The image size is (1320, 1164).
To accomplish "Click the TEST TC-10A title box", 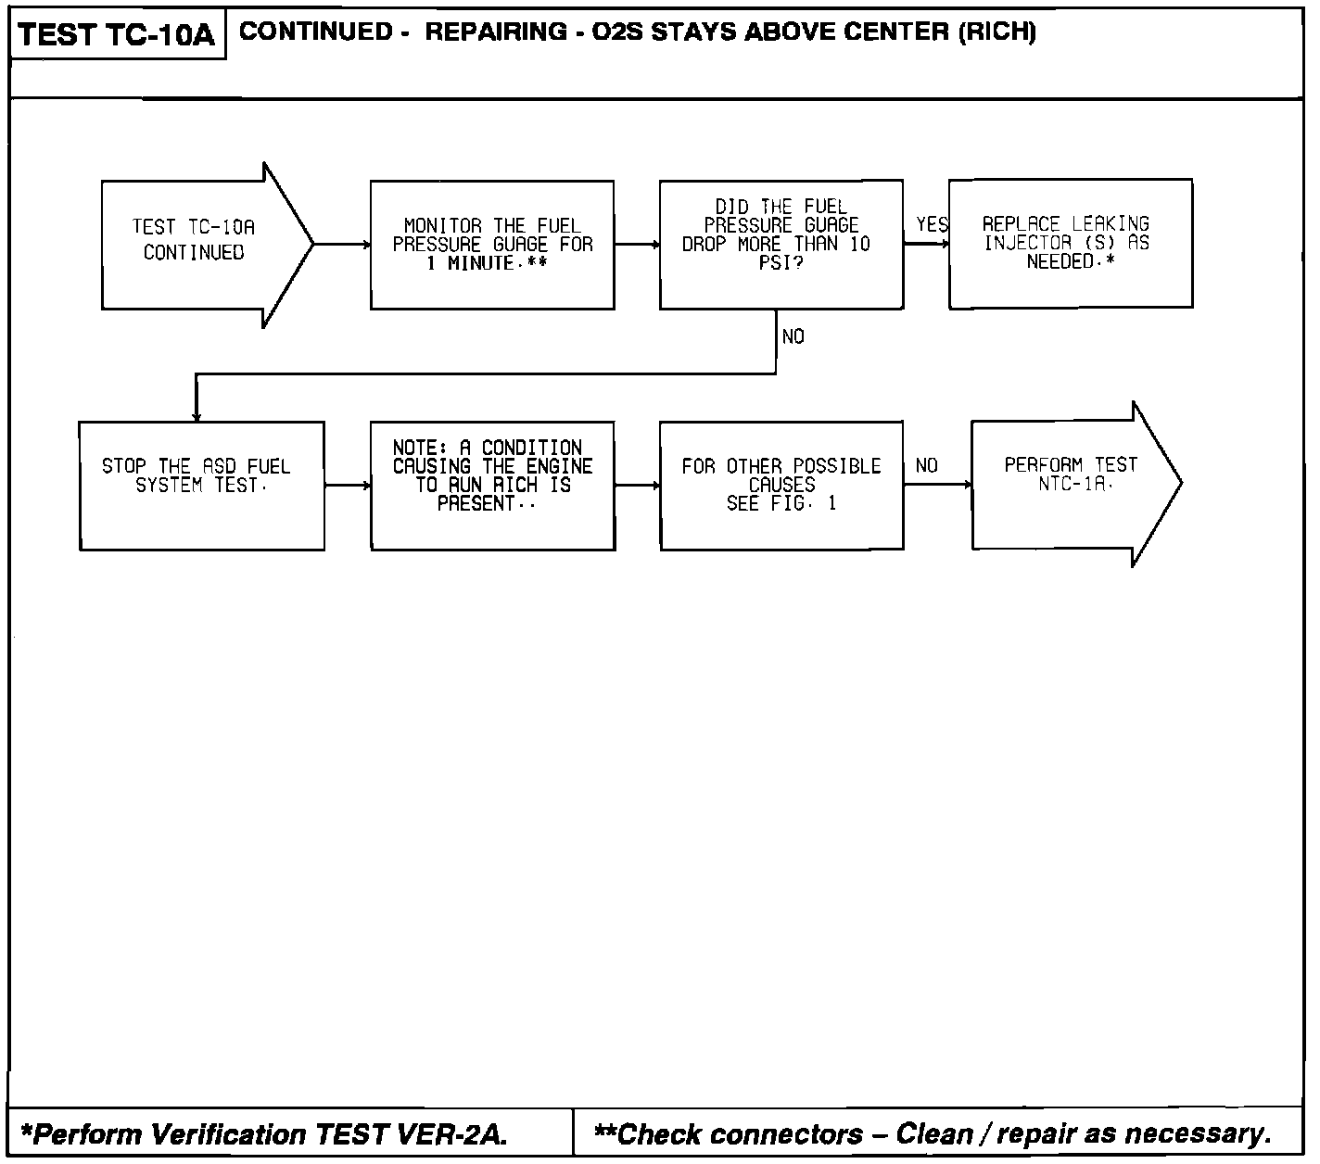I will (117, 35).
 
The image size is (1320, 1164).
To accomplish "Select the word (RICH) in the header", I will (996, 32).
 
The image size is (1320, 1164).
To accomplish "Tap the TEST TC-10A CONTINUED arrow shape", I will (195, 245).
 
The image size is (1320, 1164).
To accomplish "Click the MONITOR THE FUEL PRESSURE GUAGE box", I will (491, 245).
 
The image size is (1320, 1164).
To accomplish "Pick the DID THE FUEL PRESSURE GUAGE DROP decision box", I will (781, 244).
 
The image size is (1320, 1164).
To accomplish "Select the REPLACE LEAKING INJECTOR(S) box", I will (1070, 244).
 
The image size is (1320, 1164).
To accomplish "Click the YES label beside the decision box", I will (932, 225).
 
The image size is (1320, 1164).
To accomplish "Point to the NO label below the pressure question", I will (793, 337).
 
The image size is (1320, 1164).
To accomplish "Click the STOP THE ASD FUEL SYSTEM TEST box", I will (201, 486).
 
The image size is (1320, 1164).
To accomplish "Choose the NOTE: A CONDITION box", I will (492, 486).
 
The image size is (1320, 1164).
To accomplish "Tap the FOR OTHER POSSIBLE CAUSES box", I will (781, 486).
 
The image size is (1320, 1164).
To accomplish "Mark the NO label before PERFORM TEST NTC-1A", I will (926, 466).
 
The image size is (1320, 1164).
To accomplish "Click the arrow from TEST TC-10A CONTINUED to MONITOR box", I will (342, 245).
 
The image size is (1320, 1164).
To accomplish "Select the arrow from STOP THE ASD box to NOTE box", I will (348, 485).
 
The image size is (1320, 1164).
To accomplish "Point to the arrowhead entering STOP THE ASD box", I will (197, 415).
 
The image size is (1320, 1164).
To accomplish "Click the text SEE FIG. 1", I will (781, 504).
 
